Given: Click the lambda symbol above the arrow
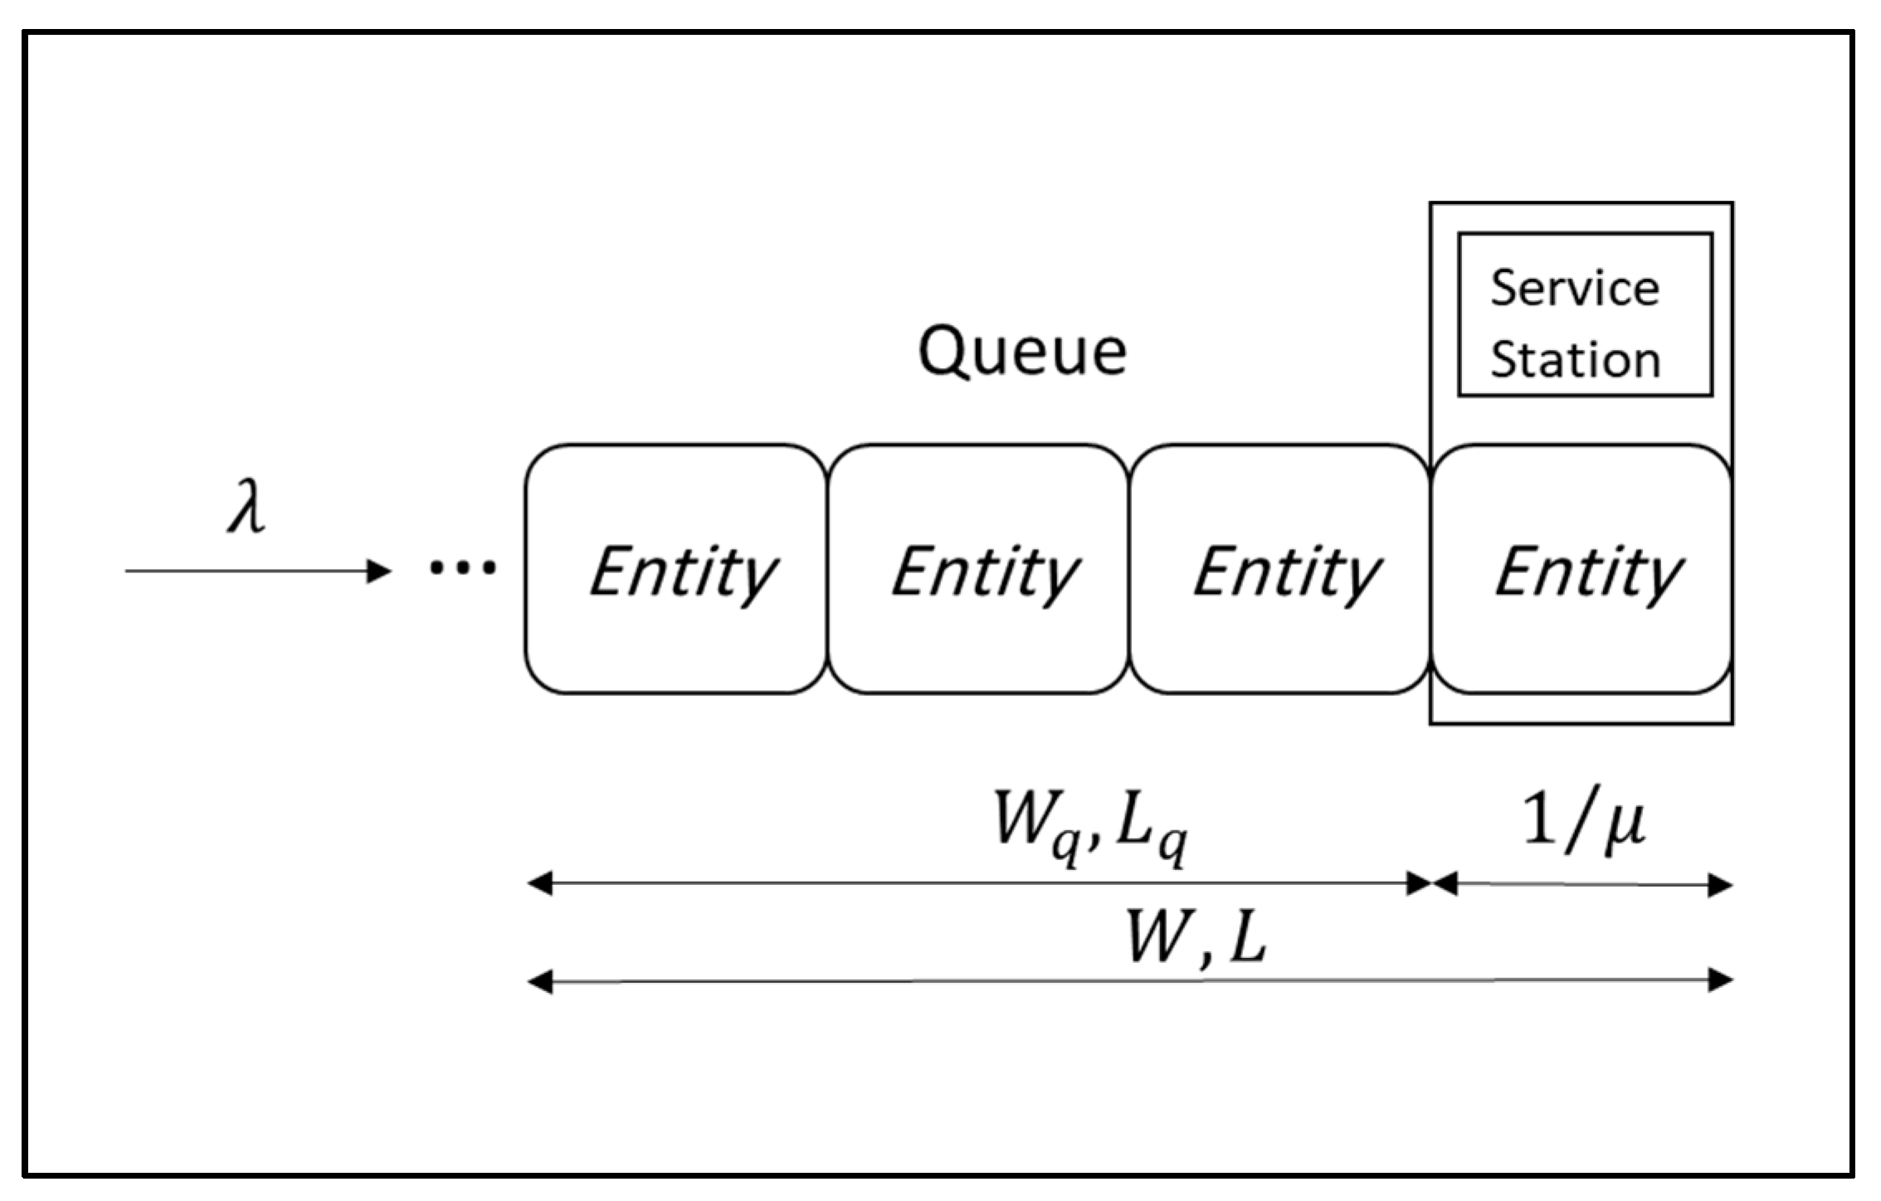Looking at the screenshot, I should click(x=247, y=508).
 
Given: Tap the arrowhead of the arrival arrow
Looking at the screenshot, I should click(x=380, y=571).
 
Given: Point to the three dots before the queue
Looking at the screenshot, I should click(x=462, y=568).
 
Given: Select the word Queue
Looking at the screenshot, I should click(x=1022, y=353).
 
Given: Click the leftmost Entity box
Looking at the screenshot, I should click(x=676, y=569).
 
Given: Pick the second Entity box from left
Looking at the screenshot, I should click(x=979, y=569).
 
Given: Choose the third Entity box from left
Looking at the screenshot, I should click(x=1280, y=569).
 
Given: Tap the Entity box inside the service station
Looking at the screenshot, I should click(x=1581, y=569).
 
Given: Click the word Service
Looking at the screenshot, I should click(x=1575, y=289).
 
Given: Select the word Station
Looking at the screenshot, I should click(x=1575, y=360).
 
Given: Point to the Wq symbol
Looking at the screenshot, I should click(x=1037, y=823).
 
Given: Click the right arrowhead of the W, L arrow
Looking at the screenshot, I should click(x=1720, y=980).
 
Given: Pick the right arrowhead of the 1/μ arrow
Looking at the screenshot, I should click(x=1720, y=885).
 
